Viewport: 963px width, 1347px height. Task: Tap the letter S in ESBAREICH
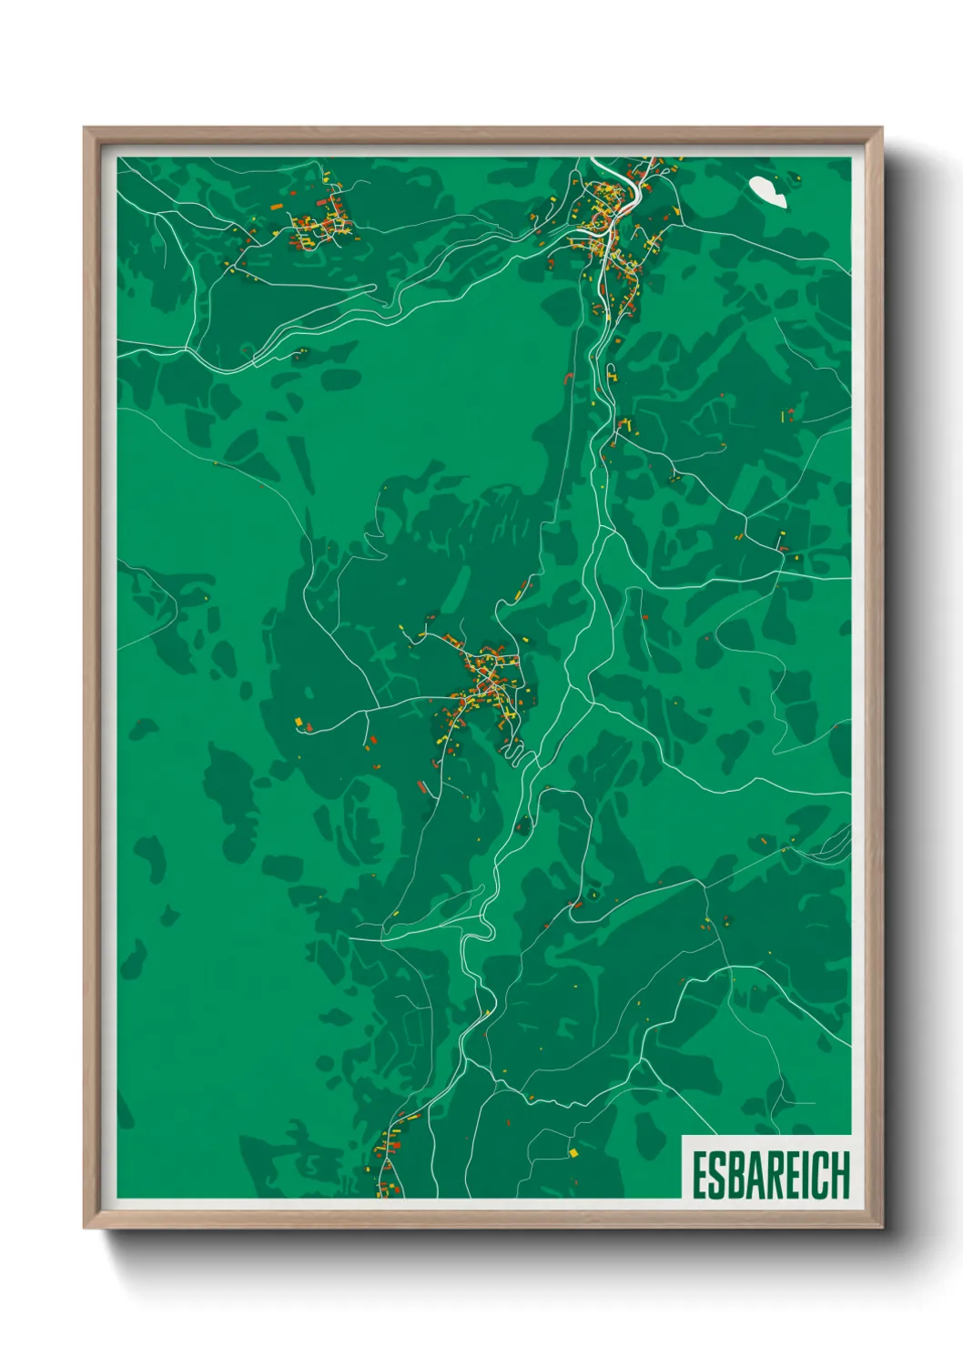720,1176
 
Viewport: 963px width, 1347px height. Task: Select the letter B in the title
739,1176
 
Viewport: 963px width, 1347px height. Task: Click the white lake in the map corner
767,190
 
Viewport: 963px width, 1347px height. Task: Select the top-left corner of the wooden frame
86,129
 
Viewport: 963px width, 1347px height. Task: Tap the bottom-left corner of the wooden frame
86,1227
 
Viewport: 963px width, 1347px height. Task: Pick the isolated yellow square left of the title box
573,1153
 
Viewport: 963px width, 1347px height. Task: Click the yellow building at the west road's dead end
299,722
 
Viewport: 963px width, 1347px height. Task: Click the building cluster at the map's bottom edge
390,1165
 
